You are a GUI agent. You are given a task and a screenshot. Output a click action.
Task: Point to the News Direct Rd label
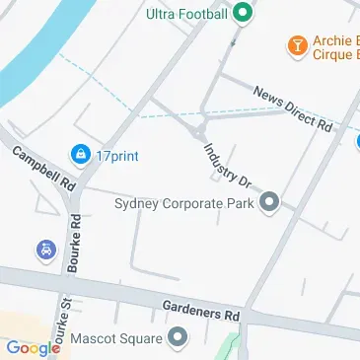tap(293, 108)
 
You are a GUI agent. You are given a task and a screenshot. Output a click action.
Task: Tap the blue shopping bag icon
tap(79, 154)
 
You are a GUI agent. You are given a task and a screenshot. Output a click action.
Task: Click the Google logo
tap(32, 347)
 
